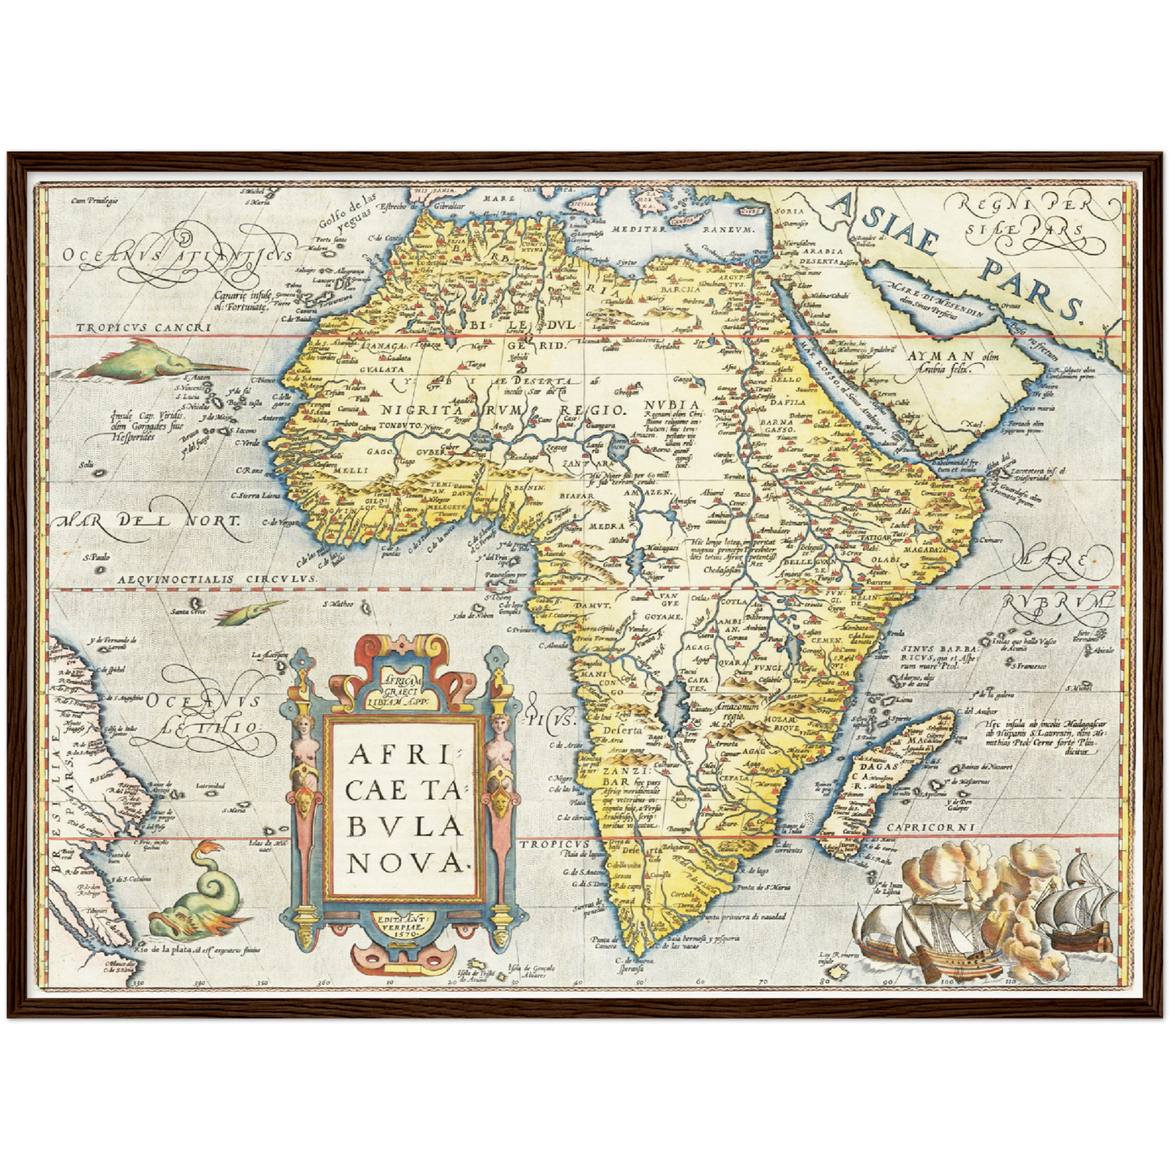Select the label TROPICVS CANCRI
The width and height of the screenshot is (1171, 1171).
coord(143,328)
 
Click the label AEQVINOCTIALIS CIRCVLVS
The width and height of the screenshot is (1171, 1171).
coord(216,580)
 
